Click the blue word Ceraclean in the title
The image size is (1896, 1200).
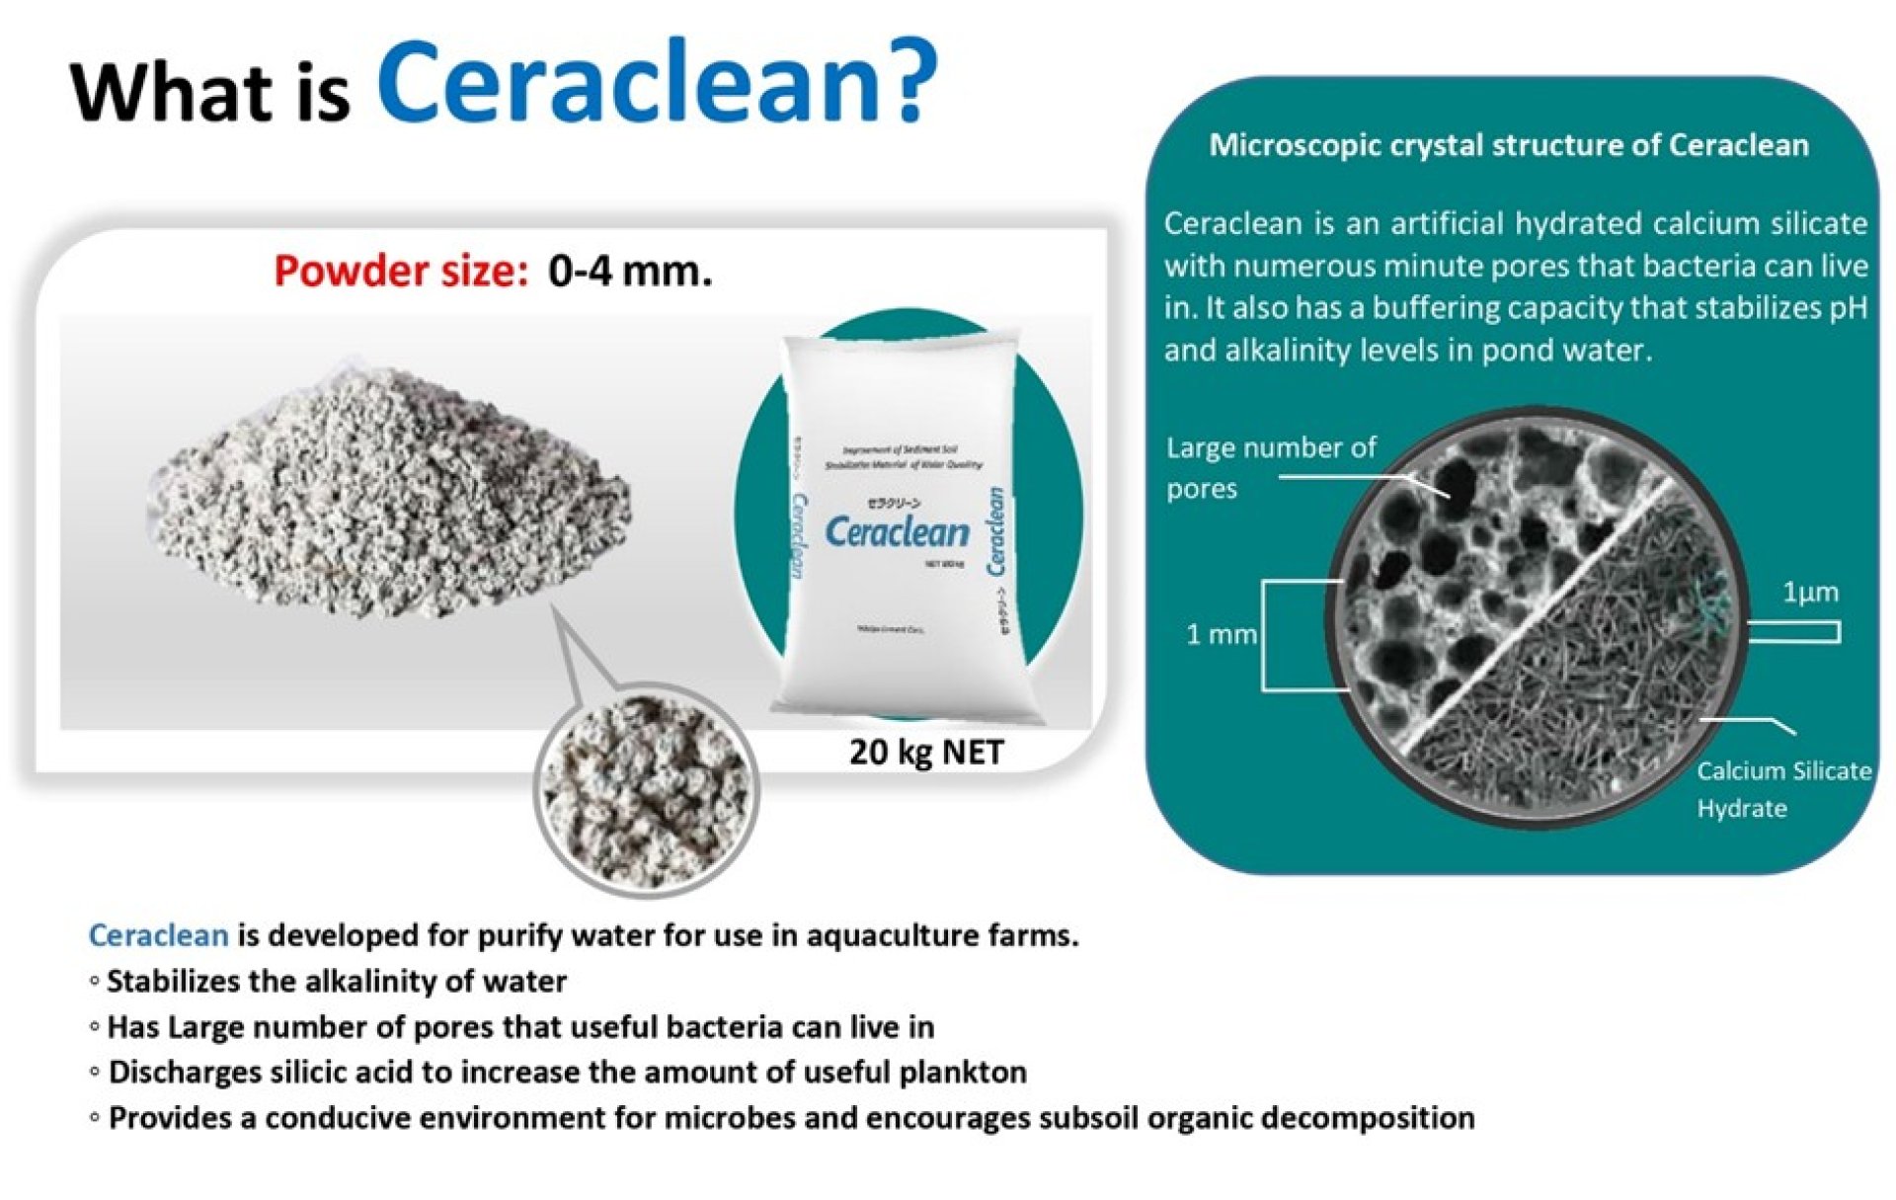tap(627, 84)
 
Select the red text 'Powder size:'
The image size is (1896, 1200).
tap(401, 271)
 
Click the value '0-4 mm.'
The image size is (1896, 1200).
tap(630, 271)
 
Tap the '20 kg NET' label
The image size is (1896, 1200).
tap(925, 753)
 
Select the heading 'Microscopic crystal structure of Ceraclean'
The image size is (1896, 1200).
tap(1508, 145)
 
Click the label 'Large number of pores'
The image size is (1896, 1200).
tap(1270, 467)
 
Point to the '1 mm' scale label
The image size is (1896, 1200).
tap(1221, 634)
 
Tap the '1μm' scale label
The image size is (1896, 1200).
tap(1810, 593)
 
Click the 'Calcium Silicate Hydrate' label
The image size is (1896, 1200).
tap(1782, 789)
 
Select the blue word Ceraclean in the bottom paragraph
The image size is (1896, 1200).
tap(158, 934)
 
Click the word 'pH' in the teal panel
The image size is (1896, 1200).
tap(1848, 308)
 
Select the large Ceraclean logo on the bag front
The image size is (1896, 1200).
tap(897, 532)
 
